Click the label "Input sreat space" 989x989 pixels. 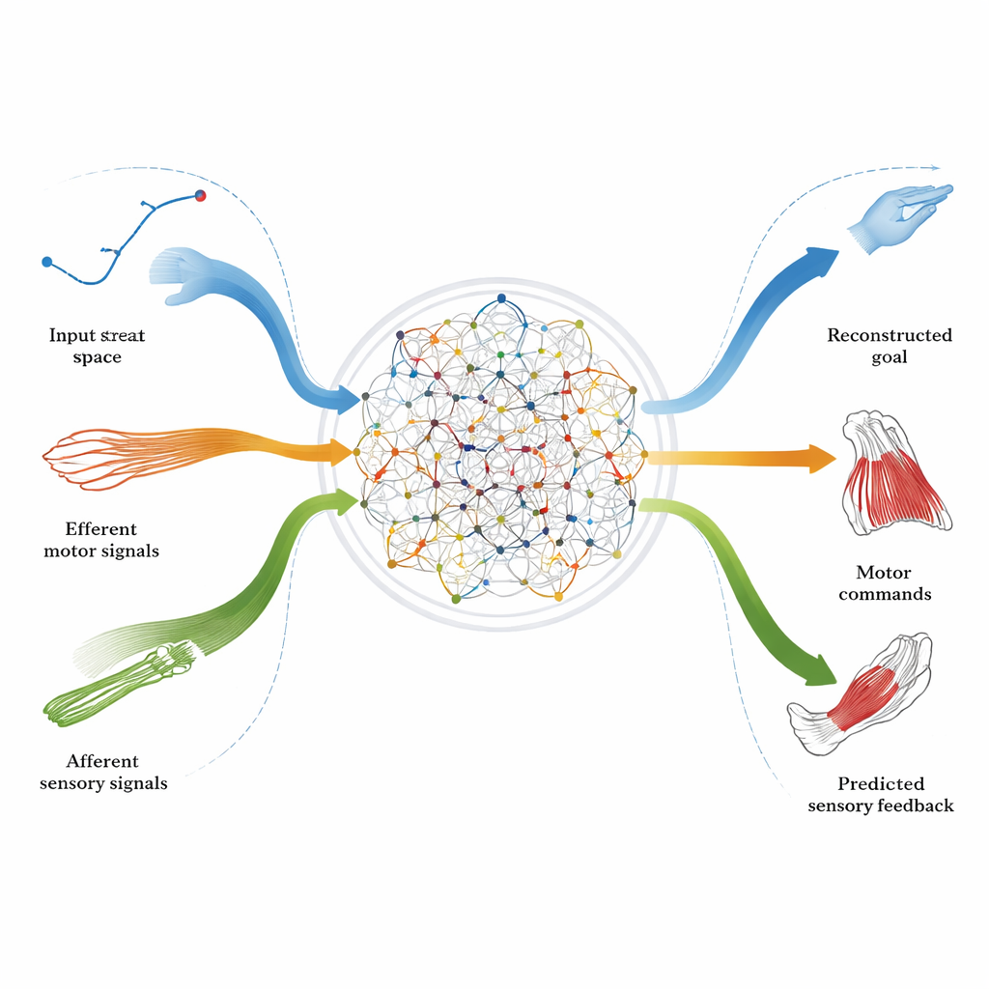tap(98, 346)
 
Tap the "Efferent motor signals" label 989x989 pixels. tap(101, 540)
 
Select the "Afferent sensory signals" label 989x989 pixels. tap(103, 772)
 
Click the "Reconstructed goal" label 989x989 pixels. tap(890, 346)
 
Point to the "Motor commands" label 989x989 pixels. tap(885, 583)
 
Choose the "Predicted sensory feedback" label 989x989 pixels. tap(881, 794)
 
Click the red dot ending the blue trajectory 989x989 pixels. tap(201, 196)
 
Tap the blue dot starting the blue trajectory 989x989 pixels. tap(46, 262)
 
